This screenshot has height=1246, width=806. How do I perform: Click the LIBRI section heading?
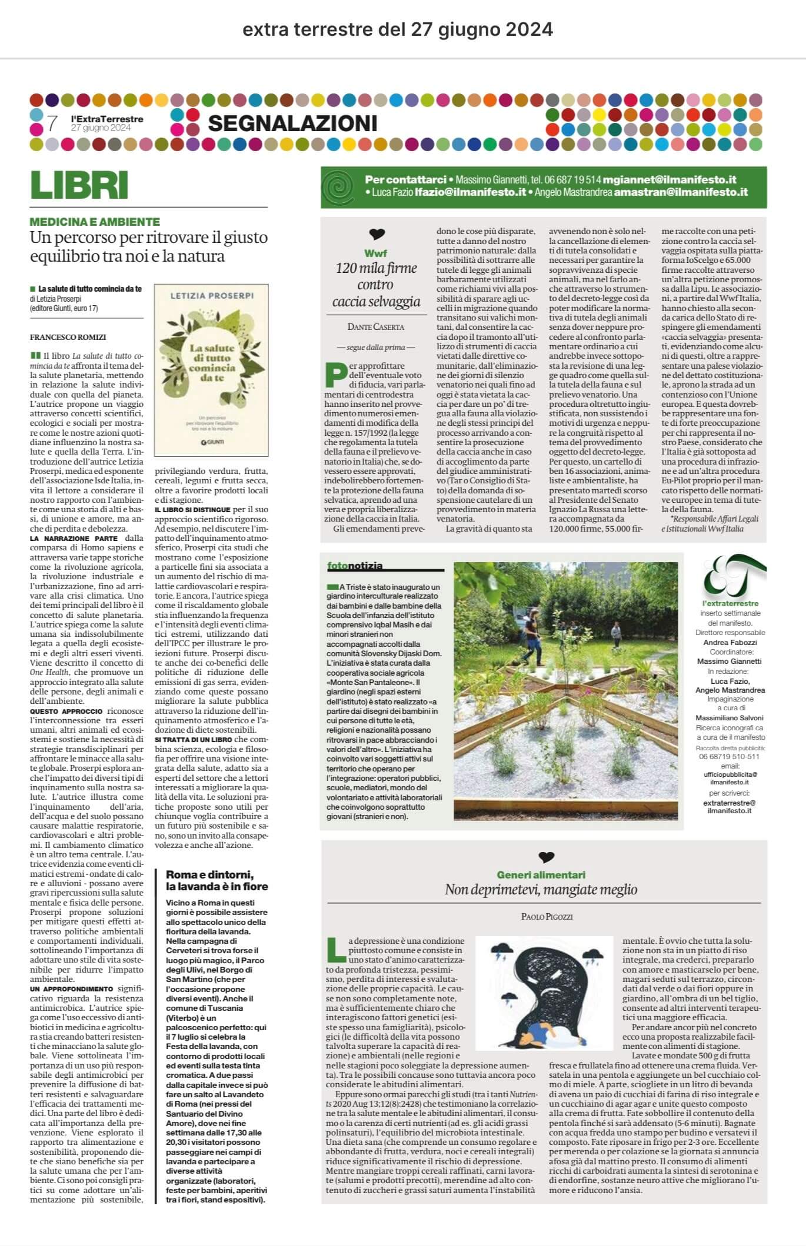(79, 185)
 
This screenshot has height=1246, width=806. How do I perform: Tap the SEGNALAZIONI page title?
(292, 123)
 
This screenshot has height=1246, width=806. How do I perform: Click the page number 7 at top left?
(52, 123)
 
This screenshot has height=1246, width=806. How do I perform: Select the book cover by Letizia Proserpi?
(211, 370)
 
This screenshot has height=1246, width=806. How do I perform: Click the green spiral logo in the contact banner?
(341, 187)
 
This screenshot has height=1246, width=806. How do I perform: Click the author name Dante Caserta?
(377, 326)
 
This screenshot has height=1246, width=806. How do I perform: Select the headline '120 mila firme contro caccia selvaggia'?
(377, 285)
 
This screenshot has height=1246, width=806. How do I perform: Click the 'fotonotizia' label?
(355, 566)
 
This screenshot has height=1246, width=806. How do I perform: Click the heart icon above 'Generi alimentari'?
(545, 857)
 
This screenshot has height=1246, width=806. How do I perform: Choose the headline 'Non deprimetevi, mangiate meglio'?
(541, 890)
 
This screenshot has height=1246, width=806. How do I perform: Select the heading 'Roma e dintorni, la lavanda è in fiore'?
(217, 880)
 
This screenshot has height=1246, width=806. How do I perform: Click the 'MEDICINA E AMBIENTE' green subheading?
(95, 222)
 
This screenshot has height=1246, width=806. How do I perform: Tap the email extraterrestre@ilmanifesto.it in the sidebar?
(730, 806)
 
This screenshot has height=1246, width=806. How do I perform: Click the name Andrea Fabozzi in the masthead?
(730, 643)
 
